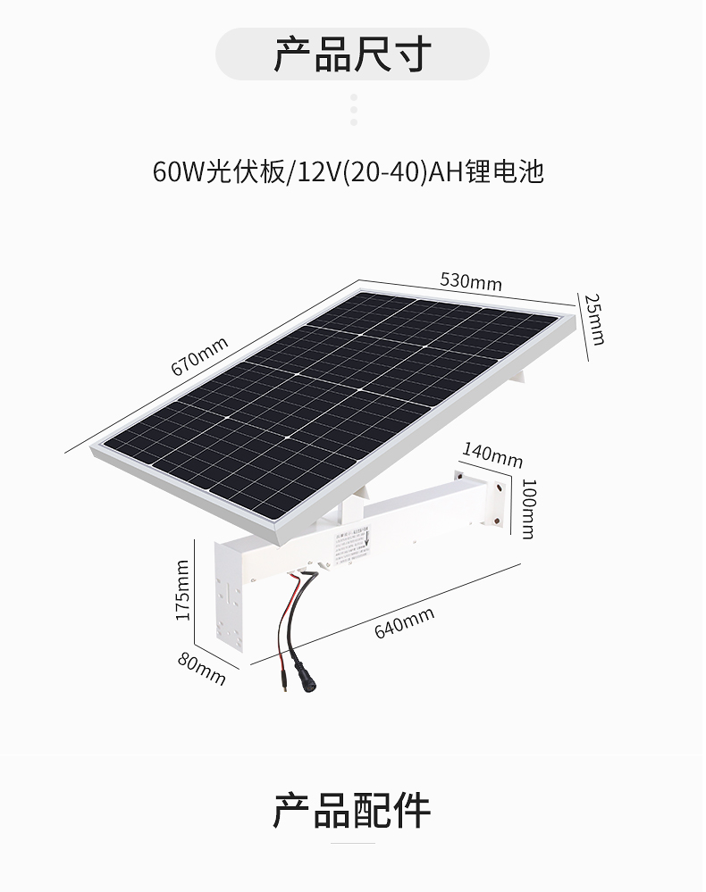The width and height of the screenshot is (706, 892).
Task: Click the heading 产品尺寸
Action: click(x=352, y=54)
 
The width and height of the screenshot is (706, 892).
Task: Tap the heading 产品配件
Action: click(x=352, y=810)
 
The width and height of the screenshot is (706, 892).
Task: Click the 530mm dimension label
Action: click(x=471, y=281)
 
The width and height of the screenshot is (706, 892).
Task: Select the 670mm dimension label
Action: click(x=199, y=355)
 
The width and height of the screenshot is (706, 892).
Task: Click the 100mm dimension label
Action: click(x=528, y=509)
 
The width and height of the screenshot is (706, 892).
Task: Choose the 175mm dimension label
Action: click(x=183, y=590)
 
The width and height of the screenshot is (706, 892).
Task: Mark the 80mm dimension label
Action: click(x=202, y=669)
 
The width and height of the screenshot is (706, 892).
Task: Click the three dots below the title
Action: click(x=354, y=109)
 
